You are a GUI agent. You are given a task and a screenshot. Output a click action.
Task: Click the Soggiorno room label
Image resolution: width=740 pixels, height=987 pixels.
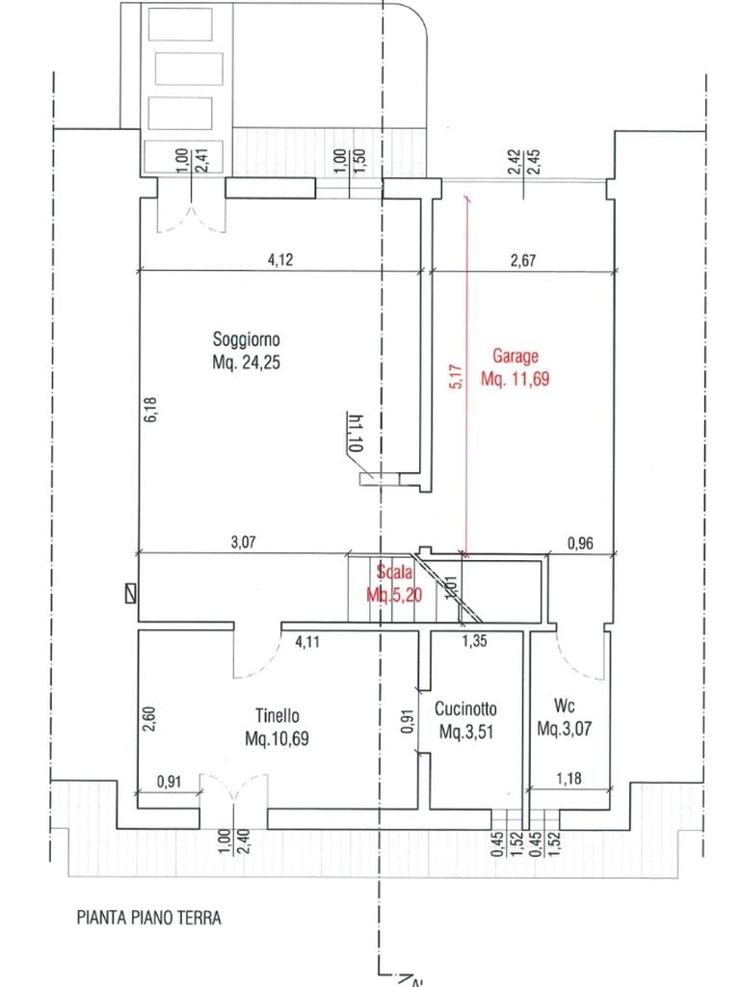246,340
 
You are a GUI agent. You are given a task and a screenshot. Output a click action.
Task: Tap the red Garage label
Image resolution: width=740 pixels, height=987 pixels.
515,357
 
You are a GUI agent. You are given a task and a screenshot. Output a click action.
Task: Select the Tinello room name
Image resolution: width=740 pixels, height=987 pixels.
277,716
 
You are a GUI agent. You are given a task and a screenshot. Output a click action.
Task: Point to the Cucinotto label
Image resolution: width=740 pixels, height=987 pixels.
465,708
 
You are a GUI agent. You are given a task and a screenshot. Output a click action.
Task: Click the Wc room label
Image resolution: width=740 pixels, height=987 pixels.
565,705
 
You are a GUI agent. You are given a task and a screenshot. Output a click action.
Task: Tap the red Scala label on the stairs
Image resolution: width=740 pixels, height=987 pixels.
394,572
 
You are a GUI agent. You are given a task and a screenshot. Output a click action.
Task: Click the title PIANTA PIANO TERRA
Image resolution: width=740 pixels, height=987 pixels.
149,918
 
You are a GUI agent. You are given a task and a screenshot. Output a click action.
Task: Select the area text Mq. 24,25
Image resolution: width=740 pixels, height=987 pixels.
246,362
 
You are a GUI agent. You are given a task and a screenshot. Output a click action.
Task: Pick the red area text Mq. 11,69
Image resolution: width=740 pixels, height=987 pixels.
515,379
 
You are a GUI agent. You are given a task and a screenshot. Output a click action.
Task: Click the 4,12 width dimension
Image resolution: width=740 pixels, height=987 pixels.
280,259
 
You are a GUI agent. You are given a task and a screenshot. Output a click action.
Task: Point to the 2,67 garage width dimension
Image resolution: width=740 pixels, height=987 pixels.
523,259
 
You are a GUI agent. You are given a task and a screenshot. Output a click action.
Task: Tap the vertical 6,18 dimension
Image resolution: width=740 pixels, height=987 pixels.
150,409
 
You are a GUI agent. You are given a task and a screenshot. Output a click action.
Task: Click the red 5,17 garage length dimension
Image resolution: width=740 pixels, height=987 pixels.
457,377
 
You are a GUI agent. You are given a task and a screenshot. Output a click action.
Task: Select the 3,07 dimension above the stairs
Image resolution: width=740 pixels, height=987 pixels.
244,542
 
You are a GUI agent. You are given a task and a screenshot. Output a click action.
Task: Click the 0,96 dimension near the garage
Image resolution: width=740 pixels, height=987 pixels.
580,543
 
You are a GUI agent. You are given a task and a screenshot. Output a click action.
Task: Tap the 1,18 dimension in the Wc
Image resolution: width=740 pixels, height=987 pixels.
568,779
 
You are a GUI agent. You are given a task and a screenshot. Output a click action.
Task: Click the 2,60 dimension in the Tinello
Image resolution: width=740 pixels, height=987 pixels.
149,719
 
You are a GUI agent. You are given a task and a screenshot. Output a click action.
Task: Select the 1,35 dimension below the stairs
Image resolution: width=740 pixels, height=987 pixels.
474,641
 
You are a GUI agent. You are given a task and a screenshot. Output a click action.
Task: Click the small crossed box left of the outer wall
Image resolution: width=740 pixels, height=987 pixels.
130,594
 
